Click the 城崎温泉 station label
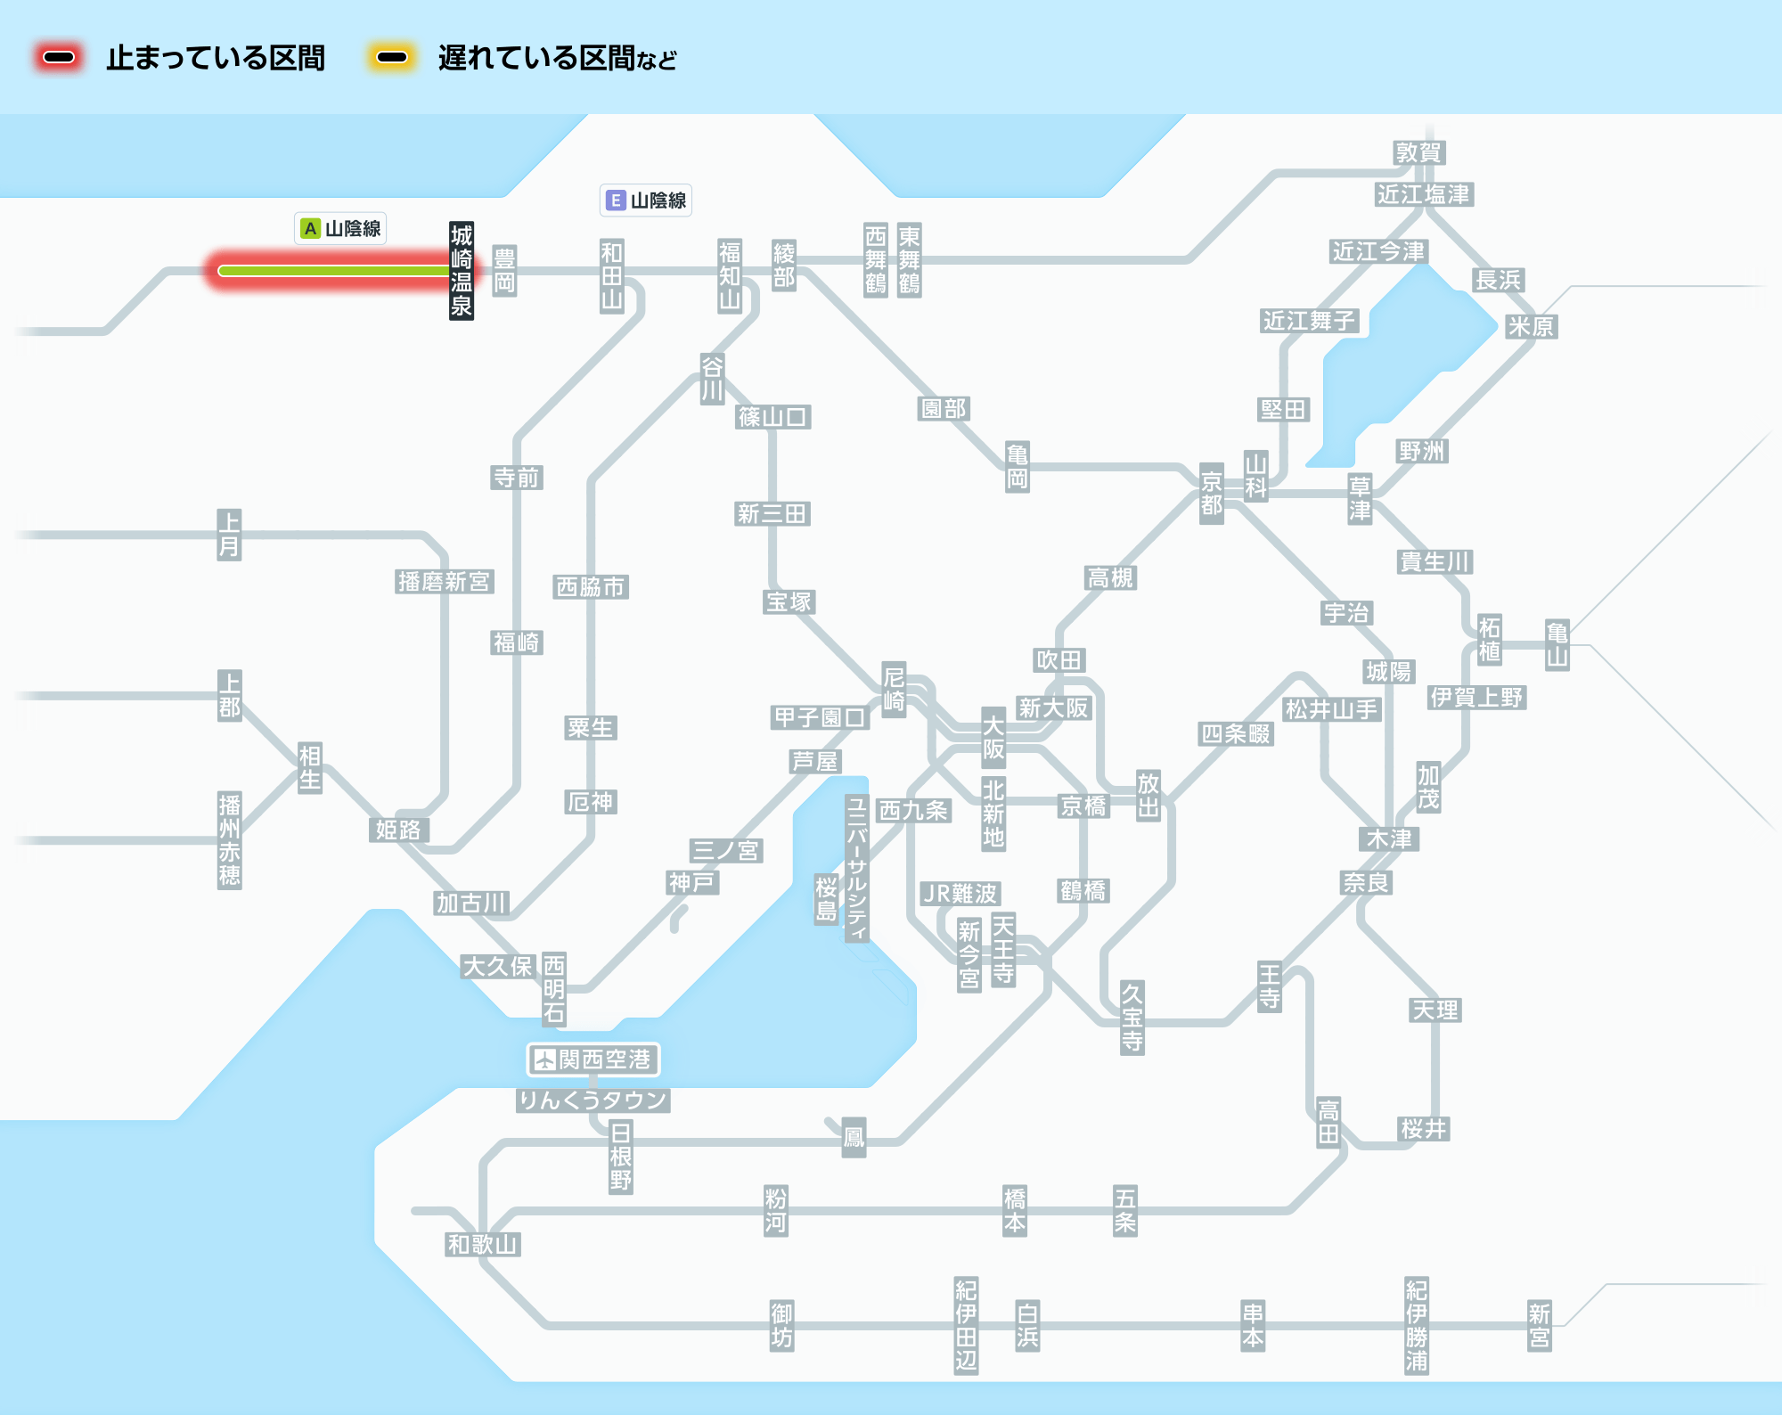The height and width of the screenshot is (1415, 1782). point(462,271)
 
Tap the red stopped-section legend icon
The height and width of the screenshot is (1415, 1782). point(60,58)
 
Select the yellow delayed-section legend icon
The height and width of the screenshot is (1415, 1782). point(392,58)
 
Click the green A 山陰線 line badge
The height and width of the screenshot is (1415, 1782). point(340,229)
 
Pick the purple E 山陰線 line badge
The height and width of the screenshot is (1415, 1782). point(646,200)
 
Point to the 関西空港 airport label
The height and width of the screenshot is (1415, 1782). point(593,1059)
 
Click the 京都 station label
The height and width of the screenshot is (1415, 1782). point(1211,494)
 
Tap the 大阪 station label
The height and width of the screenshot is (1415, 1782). point(993,738)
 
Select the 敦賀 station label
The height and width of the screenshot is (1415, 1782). point(1418,153)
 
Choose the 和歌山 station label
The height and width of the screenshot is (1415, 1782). point(482,1244)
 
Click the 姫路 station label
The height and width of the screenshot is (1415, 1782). point(398,830)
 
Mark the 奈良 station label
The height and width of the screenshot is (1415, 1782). point(1366,882)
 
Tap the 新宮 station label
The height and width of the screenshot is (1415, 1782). point(1539,1326)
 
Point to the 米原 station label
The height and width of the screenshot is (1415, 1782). point(1531,327)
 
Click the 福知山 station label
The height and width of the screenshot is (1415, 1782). point(730,275)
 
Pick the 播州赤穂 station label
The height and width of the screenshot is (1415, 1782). point(230,839)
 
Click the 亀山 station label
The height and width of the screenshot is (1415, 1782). point(1557,645)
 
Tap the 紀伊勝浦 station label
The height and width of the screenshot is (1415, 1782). point(1417,1326)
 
